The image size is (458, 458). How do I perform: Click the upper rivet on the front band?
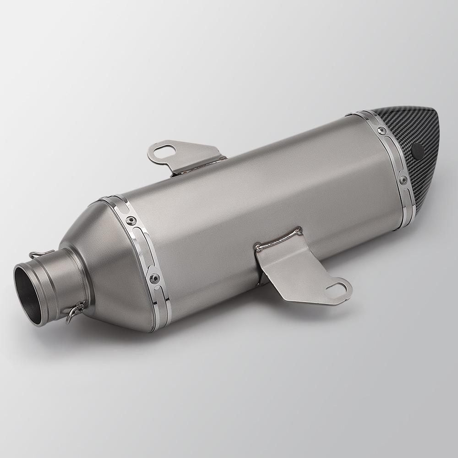tap(133, 221)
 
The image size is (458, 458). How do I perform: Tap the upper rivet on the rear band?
tap(380, 131)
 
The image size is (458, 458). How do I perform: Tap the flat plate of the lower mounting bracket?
tap(302, 275)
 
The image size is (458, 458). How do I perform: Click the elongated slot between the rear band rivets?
tap(393, 156)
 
